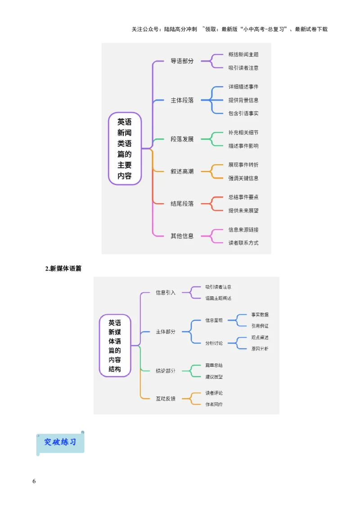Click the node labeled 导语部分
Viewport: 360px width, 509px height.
click(182, 61)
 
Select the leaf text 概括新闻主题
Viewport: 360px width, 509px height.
click(243, 54)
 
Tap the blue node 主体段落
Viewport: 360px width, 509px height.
click(182, 100)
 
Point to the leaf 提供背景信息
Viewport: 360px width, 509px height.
click(243, 100)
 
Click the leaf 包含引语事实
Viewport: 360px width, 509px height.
click(243, 113)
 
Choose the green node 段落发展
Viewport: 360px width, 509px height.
click(182, 139)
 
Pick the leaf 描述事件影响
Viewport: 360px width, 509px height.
click(243, 146)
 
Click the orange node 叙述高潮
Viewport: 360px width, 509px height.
click(182, 171)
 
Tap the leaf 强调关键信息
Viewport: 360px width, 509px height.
click(243, 178)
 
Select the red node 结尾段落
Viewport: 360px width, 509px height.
click(182, 203)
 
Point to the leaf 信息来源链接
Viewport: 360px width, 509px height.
click(243, 229)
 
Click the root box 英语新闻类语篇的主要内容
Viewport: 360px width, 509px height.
click(125, 148)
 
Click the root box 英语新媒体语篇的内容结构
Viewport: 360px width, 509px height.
click(115, 345)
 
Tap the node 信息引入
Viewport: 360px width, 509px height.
click(166, 292)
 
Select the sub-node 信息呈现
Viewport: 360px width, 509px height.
click(214, 320)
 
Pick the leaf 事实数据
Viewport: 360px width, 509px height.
click(260, 315)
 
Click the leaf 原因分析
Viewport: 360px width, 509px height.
click(260, 348)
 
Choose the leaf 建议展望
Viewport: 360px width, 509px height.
click(214, 376)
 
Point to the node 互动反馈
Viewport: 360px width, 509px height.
click(166, 398)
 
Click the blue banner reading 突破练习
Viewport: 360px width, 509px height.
click(60, 442)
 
